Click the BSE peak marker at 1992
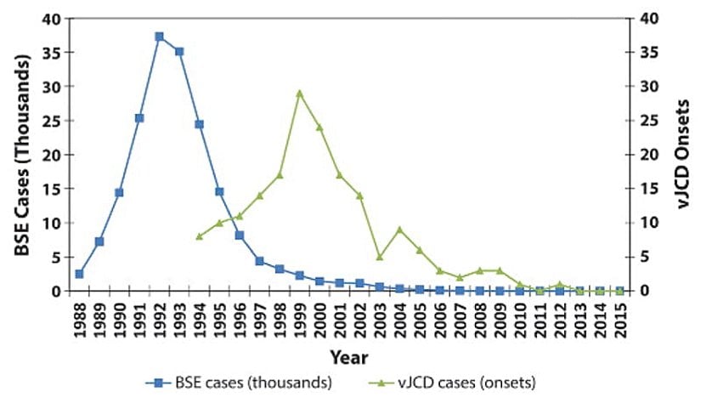pos(159,37)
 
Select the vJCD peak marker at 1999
pos(299,93)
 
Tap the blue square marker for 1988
pos(79,274)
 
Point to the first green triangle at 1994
pos(199,236)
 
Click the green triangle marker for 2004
pos(399,230)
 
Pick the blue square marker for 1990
pos(119,192)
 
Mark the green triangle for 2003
pos(379,257)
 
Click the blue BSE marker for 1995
pos(219,191)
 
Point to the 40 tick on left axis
pos(53,19)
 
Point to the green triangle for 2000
pos(319,127)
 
